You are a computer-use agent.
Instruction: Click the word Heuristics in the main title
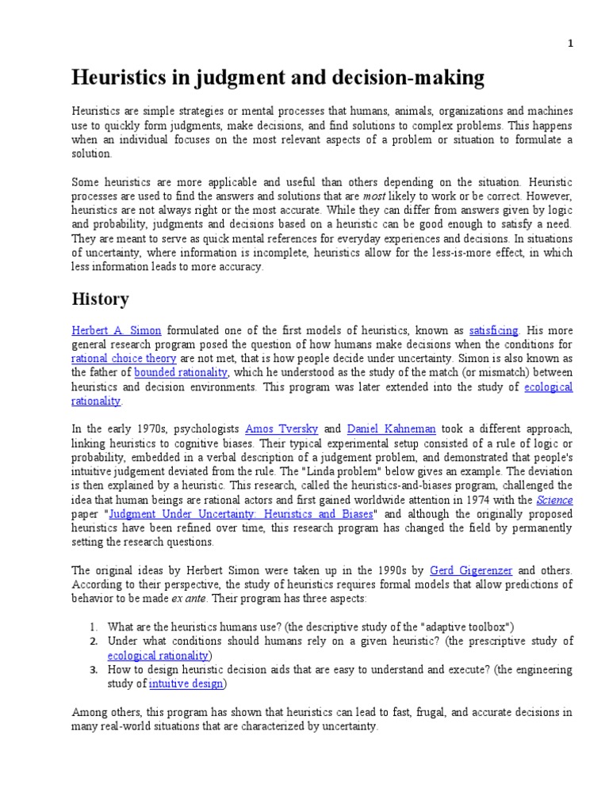coord(118,78)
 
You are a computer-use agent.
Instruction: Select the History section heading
coord(100,299)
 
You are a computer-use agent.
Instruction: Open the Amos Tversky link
coord(282,428)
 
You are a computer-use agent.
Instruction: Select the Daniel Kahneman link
coord(392,428)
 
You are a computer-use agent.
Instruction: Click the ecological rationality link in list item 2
coord(158,655)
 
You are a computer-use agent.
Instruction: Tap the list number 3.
coord(94,669)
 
